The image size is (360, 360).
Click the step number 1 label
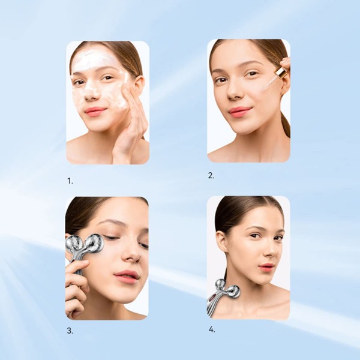[70, 179]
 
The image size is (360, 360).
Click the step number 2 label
[211, 175]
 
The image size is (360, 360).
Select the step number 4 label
[212, 329]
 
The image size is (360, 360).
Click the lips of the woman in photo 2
[239, 112]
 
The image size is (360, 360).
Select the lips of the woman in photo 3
[126, 276]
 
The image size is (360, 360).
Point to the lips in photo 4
[266, 266]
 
